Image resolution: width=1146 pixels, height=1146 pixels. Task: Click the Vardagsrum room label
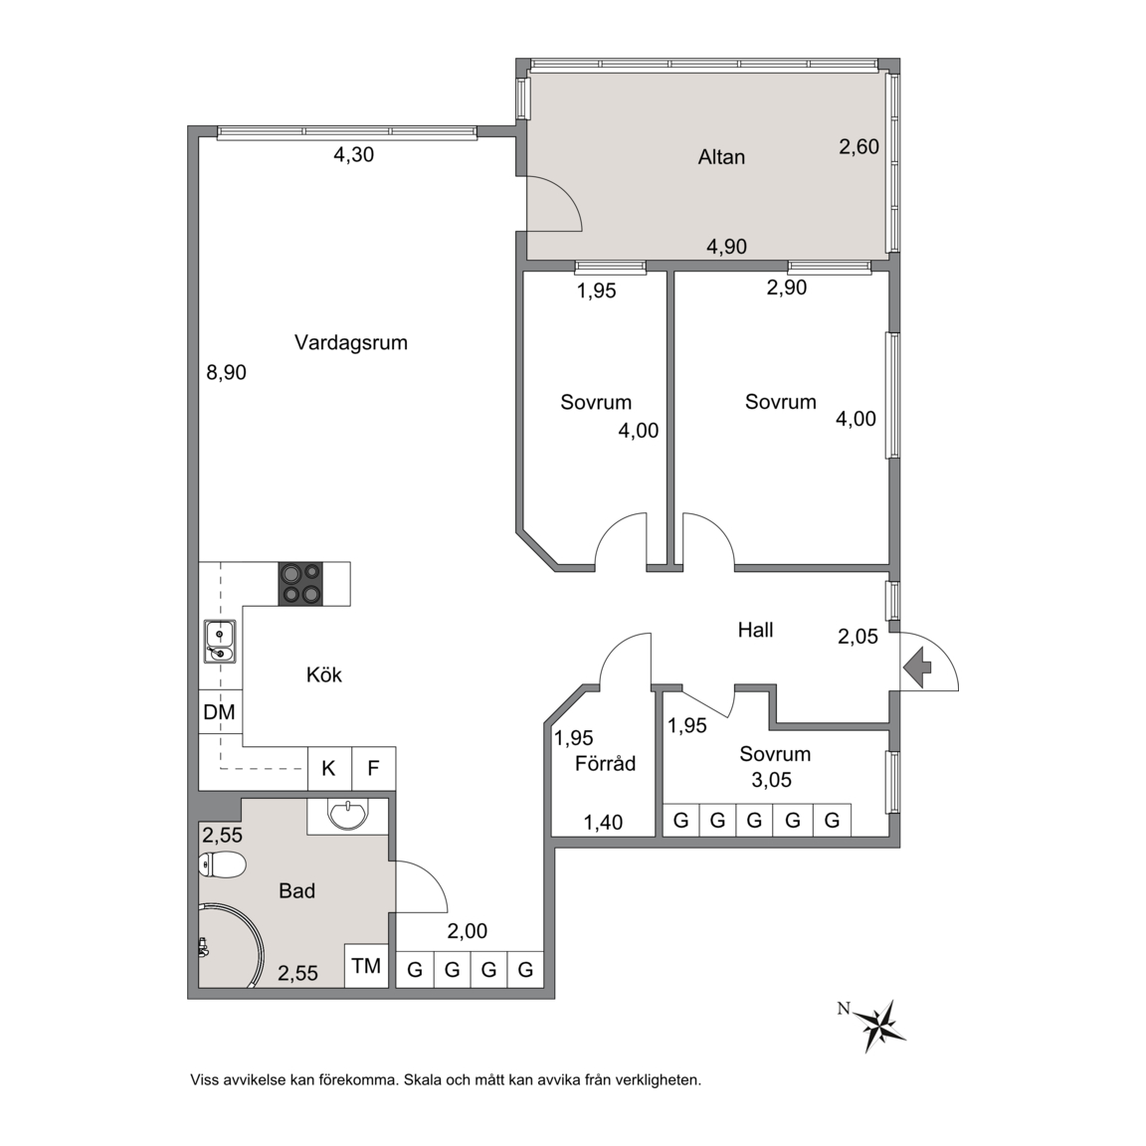(x=351, y=342)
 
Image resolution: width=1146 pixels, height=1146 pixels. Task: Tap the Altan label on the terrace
(x=721, y=157)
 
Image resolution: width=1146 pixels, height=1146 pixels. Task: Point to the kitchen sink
(x=219, y=641)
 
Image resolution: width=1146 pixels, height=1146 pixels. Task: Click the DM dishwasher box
(x=220, y=711)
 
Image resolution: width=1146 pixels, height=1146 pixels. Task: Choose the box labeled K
(x=329, y=768)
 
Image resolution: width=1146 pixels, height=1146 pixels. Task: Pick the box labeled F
(x=373, y=768)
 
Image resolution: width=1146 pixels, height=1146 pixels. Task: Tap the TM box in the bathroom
(x=366, y=966)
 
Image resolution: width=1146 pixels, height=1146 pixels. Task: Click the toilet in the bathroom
(x=222, y=865)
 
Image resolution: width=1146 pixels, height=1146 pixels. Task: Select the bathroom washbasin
(x=348, y=815)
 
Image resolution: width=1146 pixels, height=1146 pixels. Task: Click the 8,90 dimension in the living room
(x=226, y=373)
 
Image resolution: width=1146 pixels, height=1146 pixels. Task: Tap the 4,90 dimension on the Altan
(x=726, y=247)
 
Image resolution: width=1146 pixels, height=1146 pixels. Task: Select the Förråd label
(x=605, y=764)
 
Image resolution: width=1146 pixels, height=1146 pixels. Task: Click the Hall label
(x=755, y=630)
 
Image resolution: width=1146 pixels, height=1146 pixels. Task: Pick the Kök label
(x=323, y=674)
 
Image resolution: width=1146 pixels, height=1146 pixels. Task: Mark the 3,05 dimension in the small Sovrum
(x=772, y=780)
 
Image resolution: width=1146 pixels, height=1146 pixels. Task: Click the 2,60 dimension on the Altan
(x=859, y=147)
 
